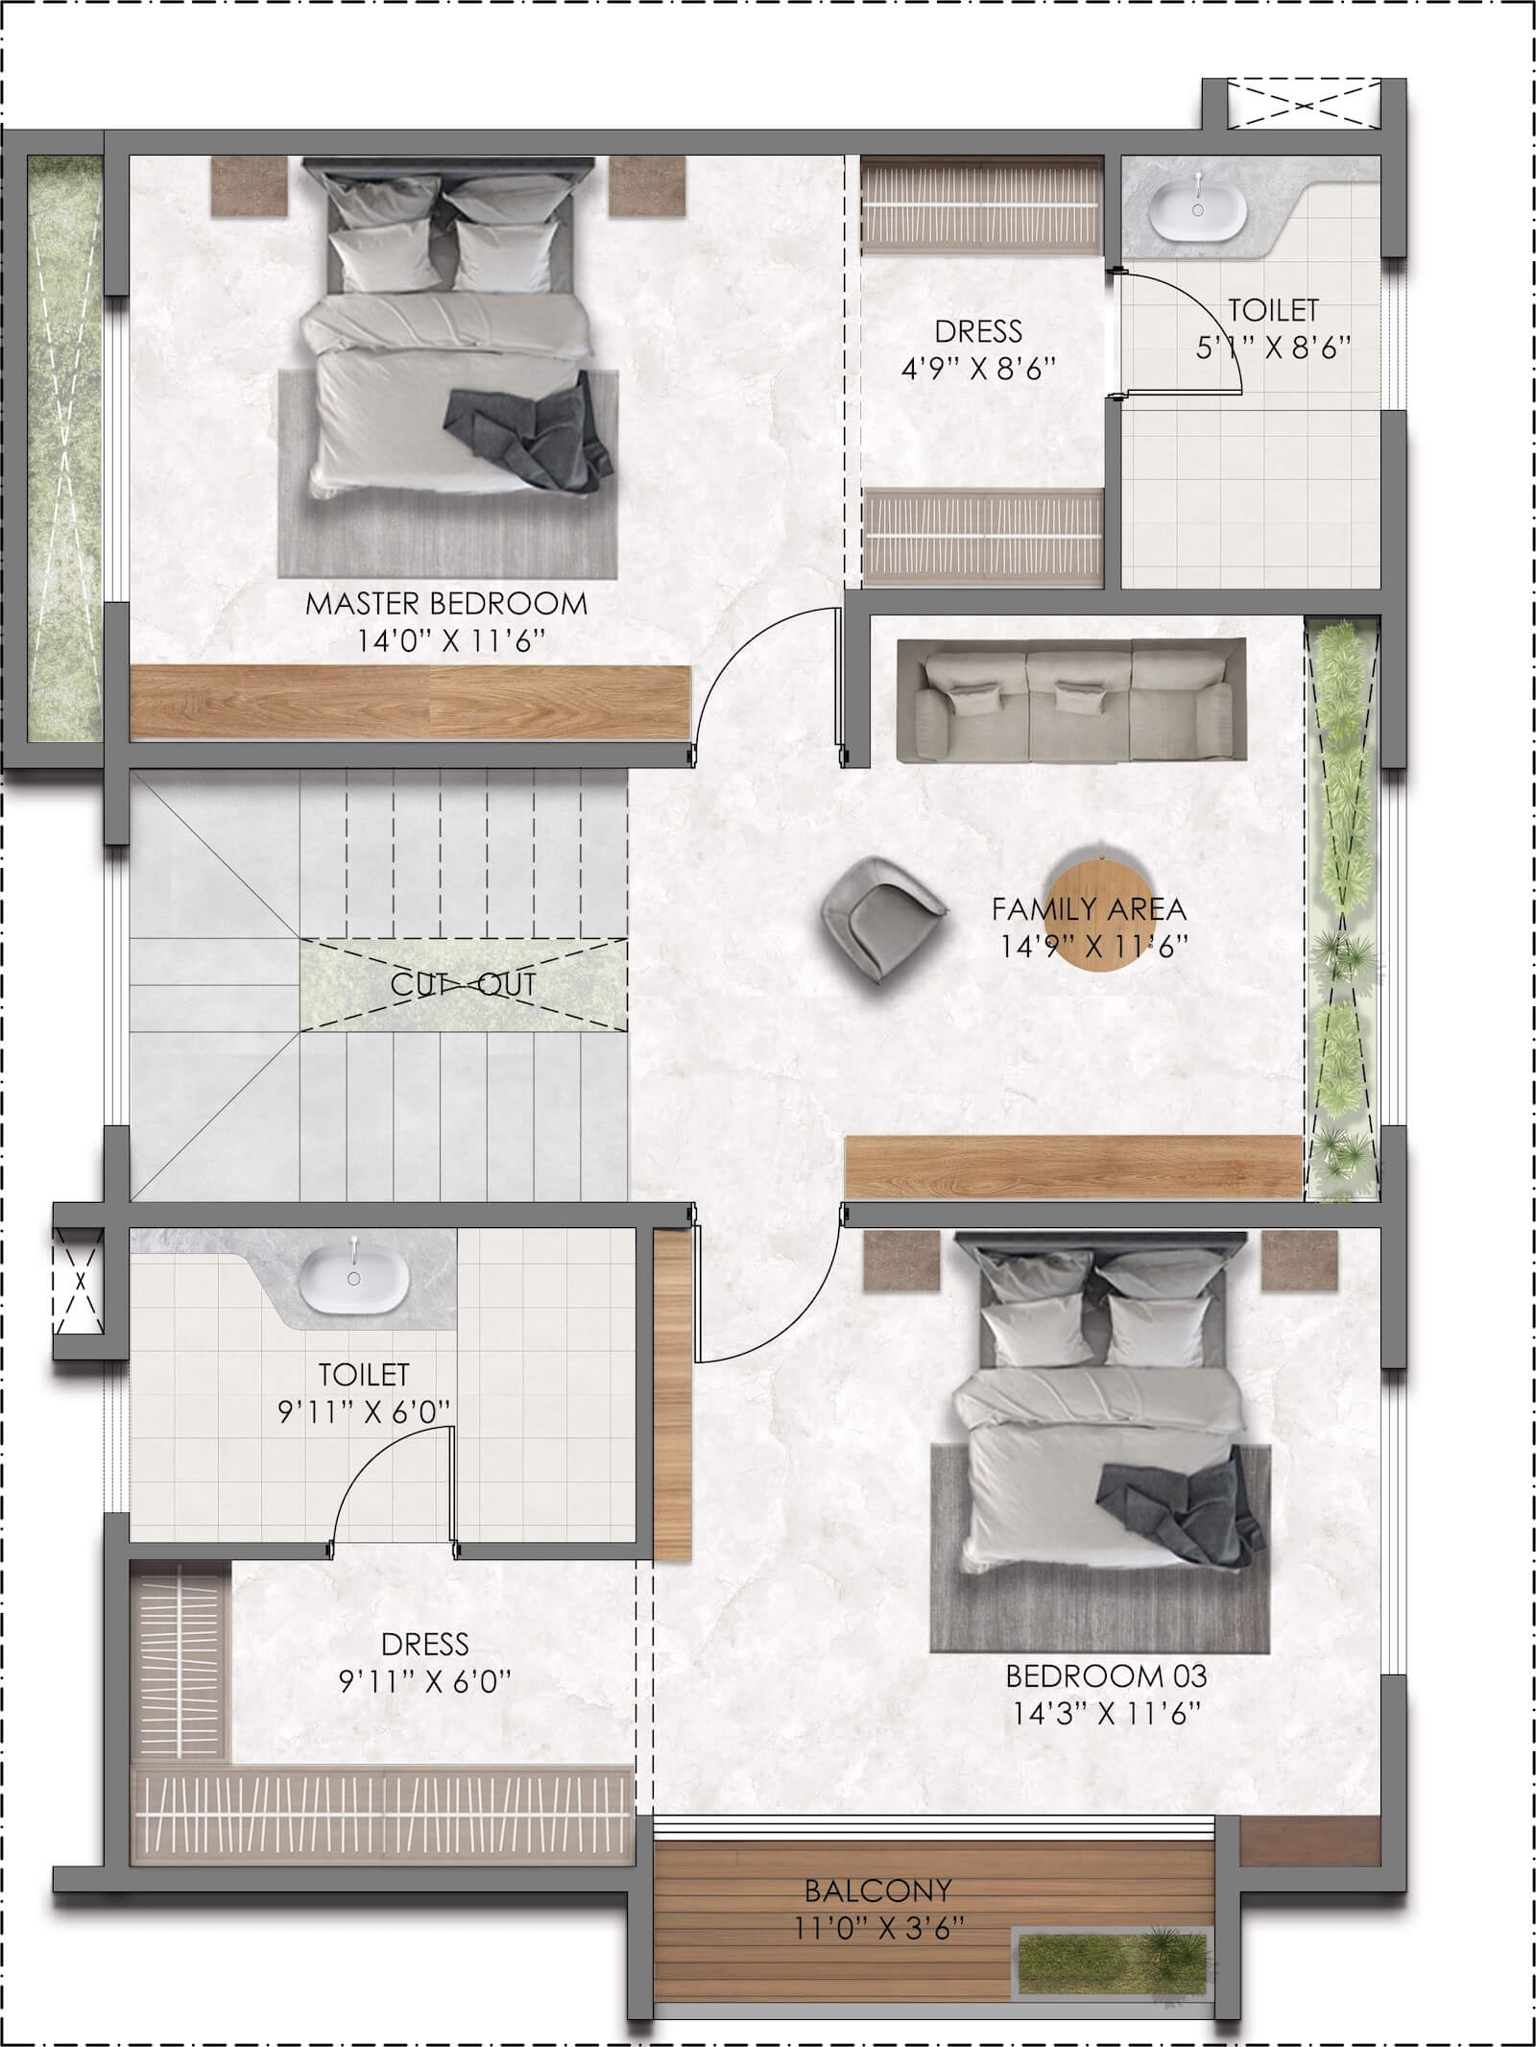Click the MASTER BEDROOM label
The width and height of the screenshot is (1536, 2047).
click(446, 604)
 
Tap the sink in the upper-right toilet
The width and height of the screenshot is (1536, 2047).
click(1198, 205)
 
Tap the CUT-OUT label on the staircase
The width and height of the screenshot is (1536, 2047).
click(463, 984)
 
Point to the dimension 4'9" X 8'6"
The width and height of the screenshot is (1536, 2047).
click(978, 369)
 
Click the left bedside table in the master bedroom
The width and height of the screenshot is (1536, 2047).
click(250, 185)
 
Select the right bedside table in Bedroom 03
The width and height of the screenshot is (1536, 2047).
click(1300, 1261)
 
